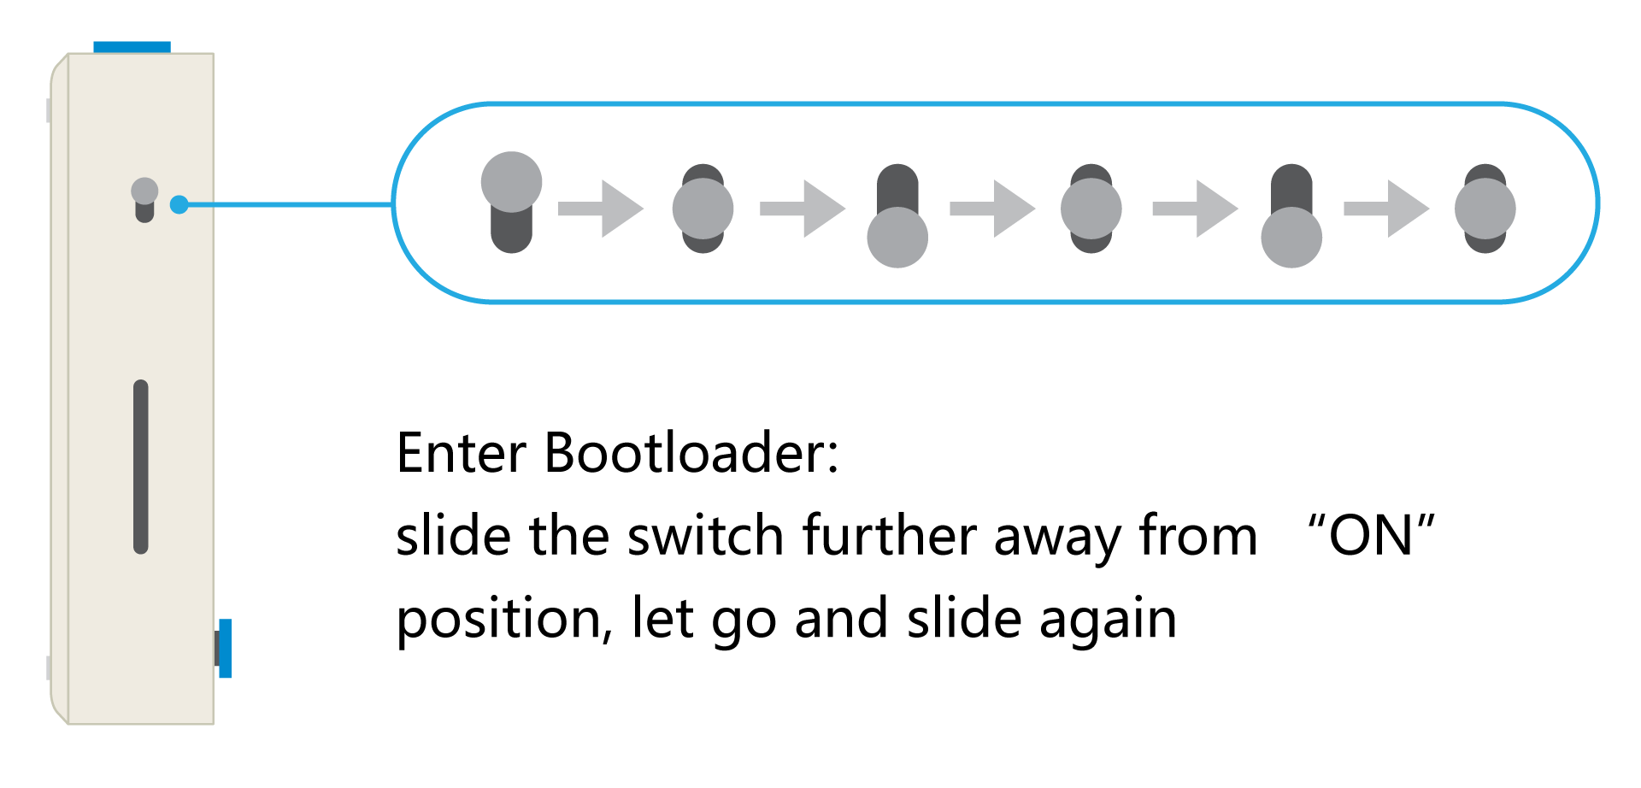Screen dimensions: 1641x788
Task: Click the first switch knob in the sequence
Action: coord(511,182)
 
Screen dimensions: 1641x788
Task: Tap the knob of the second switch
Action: coord(703,209)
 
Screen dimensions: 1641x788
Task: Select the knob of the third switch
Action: coord(897,238)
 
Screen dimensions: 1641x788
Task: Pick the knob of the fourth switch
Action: coord(1091,209)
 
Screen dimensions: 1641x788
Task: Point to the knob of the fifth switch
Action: coord(1291,238)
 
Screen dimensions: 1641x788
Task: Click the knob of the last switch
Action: coord(1485,209)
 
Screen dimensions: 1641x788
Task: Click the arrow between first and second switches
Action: coord(601,209)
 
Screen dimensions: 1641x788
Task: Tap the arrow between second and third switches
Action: coord(803,209)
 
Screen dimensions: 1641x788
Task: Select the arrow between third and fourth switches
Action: coord(992,209)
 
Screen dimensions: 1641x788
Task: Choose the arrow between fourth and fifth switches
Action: coord(1195,209)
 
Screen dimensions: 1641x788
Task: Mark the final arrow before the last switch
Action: coord(1386,209)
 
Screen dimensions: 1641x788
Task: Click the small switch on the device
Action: coord(144,200)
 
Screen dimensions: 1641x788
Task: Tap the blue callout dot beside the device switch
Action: coord(179,205)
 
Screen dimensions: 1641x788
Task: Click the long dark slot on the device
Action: coord(141,467)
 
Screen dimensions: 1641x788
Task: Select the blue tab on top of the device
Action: coord(132,47)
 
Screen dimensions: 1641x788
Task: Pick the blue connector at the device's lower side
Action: coord(225,648)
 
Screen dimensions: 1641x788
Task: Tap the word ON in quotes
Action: coord(1371,536)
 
